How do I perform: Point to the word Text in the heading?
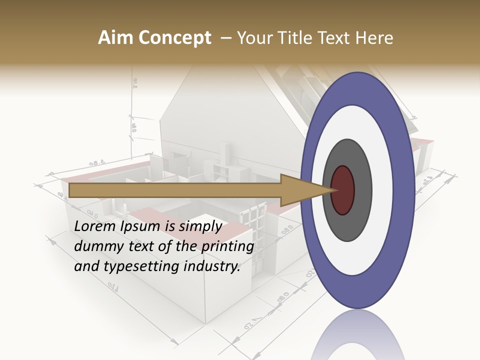point(334,38)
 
